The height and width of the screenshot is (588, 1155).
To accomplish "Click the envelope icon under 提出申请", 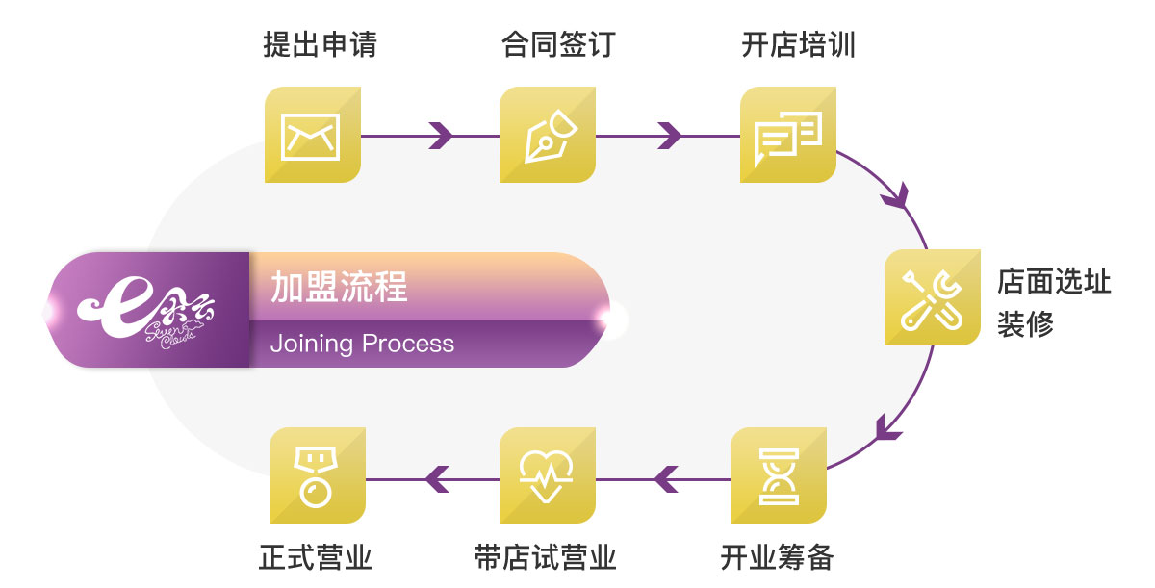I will tap(312, 135).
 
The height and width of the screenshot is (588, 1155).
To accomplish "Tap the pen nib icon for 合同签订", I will tap(548, 135).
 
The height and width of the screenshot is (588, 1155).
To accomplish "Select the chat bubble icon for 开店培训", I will tap(787, 135).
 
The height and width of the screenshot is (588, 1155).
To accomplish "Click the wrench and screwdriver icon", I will tap(932, 297).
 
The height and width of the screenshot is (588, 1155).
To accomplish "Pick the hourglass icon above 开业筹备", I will tap(778, 475).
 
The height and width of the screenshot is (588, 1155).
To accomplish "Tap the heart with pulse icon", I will tap(547, 475).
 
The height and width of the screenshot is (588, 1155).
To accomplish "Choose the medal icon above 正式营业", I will tap(316, 475).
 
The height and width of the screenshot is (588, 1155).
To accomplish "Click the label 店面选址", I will tap(1054, 283).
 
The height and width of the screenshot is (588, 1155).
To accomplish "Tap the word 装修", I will tap(1025, 324).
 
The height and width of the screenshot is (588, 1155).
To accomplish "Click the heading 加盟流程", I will tap(339, 287).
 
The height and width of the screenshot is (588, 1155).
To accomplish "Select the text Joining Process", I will tap(362, 344).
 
